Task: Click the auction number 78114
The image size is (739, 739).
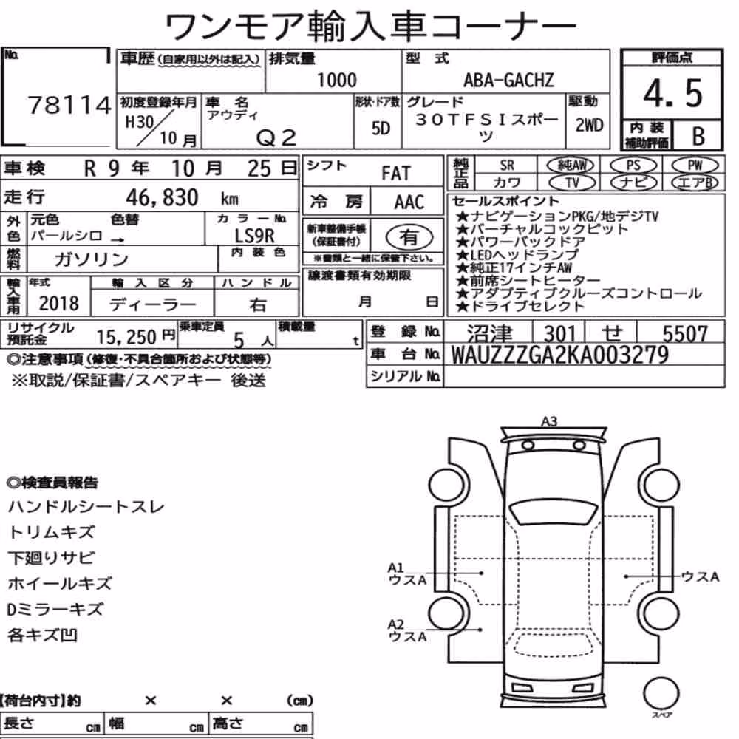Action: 69,105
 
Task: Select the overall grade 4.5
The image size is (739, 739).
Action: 672,93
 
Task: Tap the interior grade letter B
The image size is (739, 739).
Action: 698,136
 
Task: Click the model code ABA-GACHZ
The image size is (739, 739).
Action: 508,80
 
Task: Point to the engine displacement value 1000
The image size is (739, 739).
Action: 337,80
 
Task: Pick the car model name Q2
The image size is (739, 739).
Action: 276,137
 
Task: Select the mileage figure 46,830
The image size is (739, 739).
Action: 162,197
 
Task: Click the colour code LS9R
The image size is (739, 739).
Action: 254,235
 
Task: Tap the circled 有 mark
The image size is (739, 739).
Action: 409,237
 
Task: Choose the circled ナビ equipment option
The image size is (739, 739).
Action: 633,183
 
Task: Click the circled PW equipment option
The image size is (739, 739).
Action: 695,166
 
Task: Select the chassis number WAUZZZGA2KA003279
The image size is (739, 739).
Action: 560,355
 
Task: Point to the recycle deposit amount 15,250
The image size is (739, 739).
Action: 126,336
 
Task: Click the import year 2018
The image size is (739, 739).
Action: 59,303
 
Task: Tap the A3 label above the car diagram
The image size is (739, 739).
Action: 549,421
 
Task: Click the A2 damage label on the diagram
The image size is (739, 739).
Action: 396,624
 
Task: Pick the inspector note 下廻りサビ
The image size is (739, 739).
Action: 52,558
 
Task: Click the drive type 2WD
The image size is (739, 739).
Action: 589,126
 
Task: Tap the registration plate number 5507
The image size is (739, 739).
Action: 685,334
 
